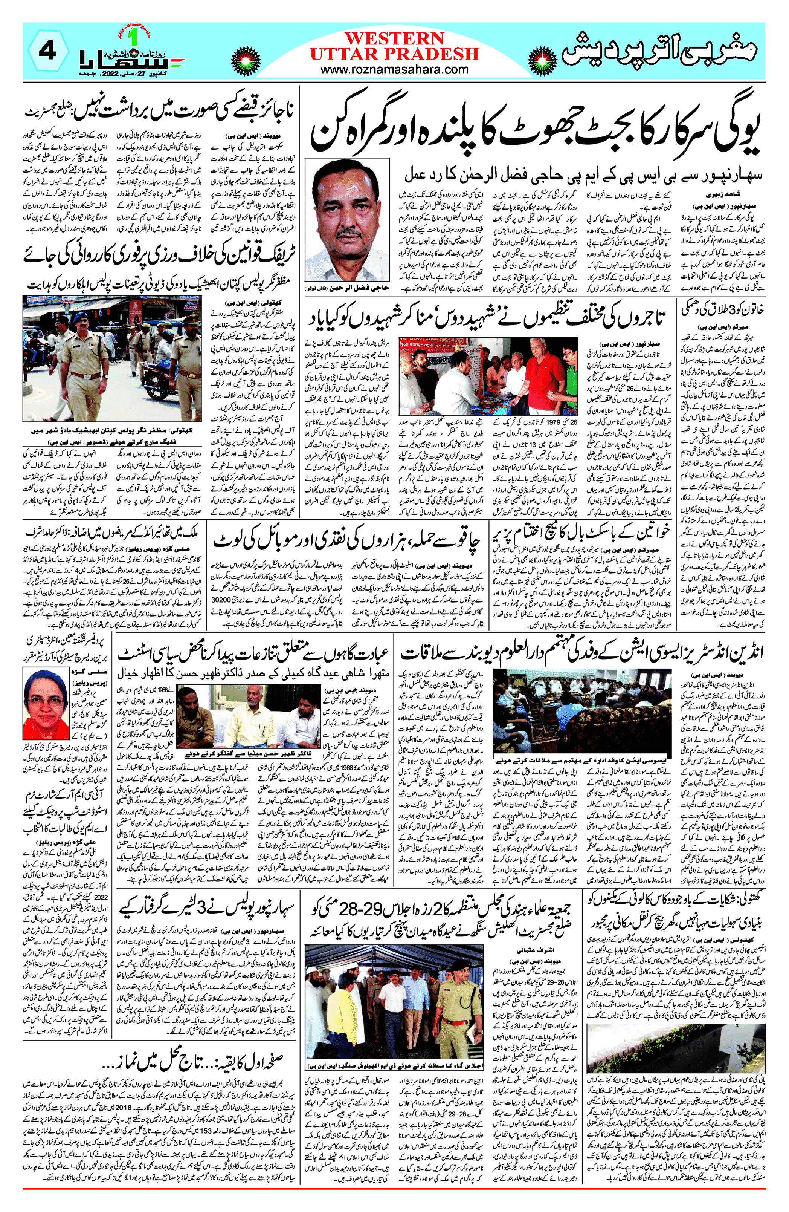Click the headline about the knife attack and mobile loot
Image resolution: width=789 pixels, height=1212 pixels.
coord(346,539)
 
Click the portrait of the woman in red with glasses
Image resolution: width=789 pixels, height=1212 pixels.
coord(46,703)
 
